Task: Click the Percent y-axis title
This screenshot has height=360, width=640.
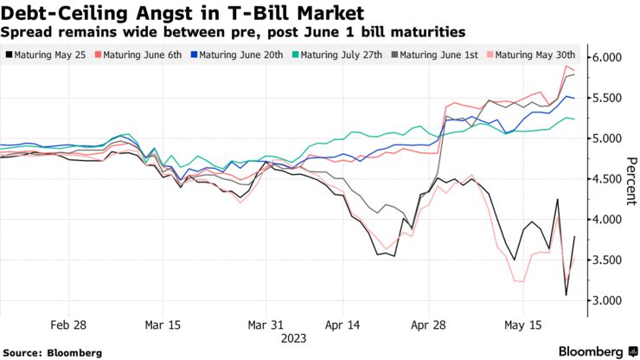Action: (630, 179)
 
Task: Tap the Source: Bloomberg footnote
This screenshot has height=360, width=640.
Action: (54, 352)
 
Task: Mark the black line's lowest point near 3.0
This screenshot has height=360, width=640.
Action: (566, 295)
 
